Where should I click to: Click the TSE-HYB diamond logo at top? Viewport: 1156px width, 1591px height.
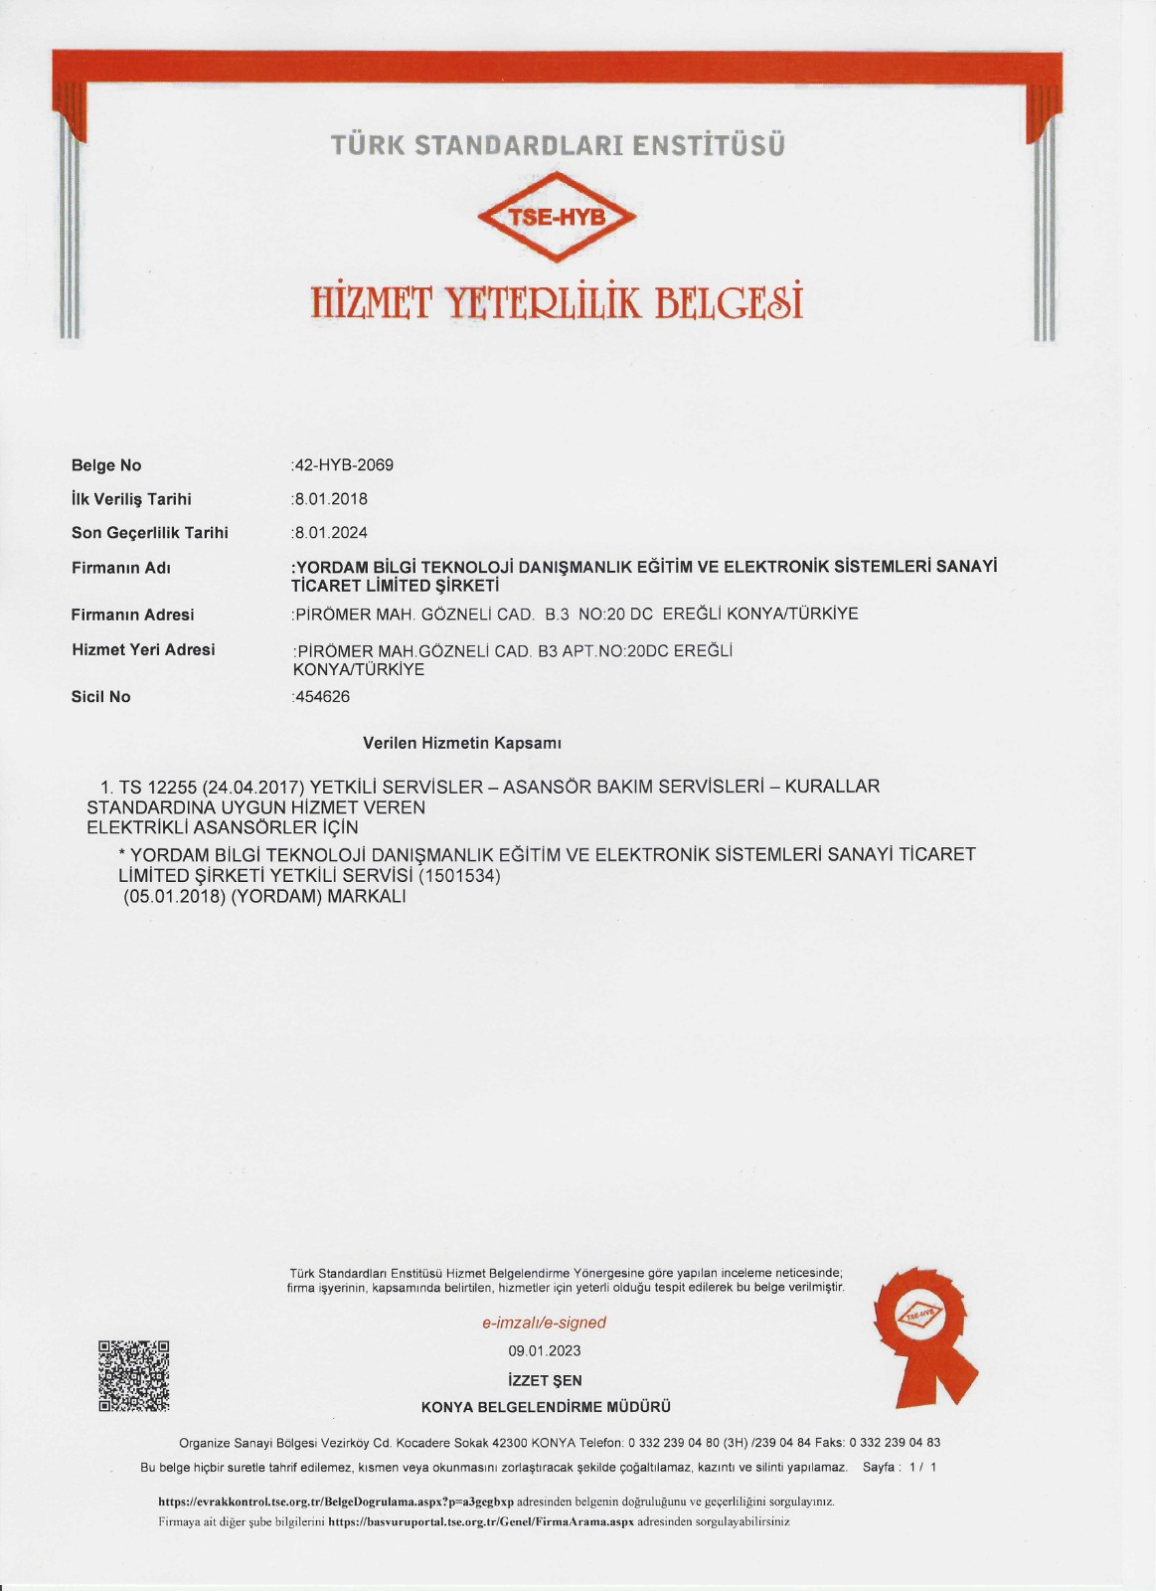click(557, 216)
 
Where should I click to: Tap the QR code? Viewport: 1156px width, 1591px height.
click(133, 1375)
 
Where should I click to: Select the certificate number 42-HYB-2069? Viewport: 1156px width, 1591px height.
click(344, 465)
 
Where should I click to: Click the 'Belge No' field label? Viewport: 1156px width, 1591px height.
click(106, 465)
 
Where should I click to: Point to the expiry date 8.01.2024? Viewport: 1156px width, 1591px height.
click(331, 533)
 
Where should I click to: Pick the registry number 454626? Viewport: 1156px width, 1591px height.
click(322, 697)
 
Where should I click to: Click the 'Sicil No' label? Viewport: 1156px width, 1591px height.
click(100, 697)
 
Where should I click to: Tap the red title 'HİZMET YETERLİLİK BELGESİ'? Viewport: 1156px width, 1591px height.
click(557, 302)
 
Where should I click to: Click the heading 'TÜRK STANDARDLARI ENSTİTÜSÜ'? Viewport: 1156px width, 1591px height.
click(558, 145)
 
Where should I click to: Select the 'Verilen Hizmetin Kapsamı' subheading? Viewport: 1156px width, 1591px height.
click(462, 743)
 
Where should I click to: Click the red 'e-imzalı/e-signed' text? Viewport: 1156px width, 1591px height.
click(544, 1323)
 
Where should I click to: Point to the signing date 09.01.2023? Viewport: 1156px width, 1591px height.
click(545, 1350)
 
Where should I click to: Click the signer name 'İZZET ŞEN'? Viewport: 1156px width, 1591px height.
click(545, 1380)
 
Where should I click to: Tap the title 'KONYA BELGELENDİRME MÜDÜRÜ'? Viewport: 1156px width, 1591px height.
click(546, 1407)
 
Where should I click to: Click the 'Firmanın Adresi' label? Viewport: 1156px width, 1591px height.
click(132, 615)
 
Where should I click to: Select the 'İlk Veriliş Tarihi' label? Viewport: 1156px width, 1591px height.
click(131, 499)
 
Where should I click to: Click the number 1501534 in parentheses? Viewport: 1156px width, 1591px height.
click(460, 876)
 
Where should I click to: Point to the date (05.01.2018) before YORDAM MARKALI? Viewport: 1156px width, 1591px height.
click(175, 896)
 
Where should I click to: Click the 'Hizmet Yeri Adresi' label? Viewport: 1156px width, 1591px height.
click(143, 649)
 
